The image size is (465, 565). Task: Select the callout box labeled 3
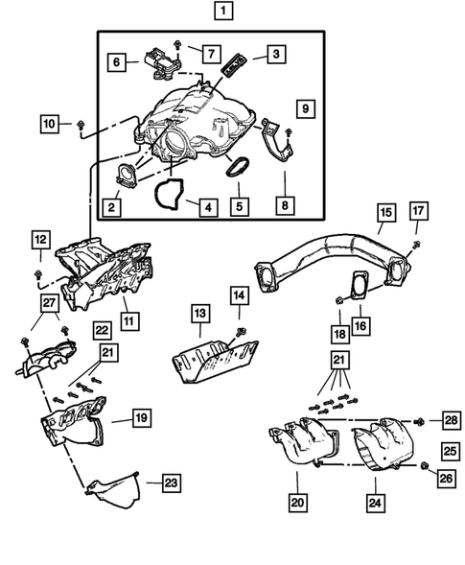point(274,55)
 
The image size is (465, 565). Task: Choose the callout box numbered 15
point(385,211)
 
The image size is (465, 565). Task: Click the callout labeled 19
point(140,418)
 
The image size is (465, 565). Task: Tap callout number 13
point(200,313)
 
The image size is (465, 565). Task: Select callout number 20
point(297,500)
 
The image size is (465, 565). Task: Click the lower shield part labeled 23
point(113,491)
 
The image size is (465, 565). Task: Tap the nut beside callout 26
point(423,467)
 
